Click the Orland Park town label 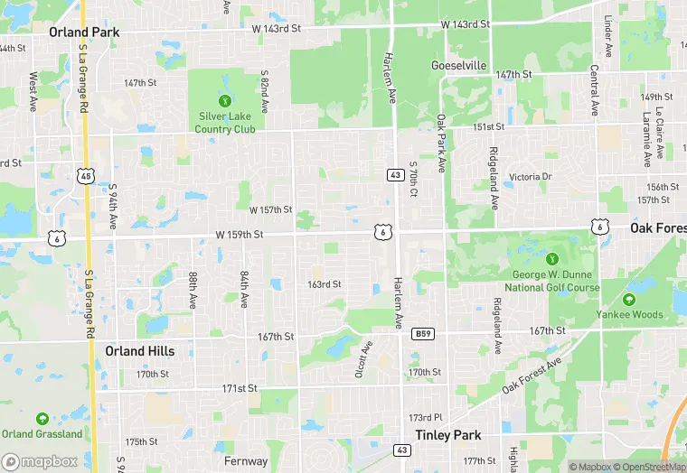pos(83,32)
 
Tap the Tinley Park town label pos(447,434)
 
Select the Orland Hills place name pos(139,350)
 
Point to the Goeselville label pos(459,66)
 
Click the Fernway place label pos(246,460)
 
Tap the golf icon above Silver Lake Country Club pos(225,100)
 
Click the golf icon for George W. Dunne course pos(552,259)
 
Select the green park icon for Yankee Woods pos(629,300)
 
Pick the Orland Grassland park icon pos(42,419)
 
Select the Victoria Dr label pos(530,177)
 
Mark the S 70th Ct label pos(413,181)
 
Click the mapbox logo pos(40,461)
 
